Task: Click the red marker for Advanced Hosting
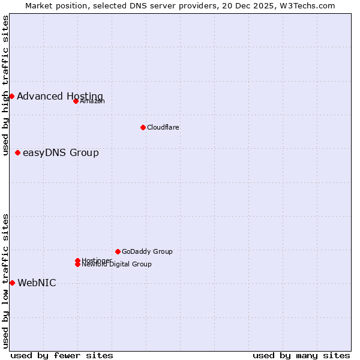tap(11, 96)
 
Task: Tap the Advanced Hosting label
tap(60, 97)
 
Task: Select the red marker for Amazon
tap(76, 101)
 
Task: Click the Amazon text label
tap(92, 101)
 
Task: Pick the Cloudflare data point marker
tap(143, 127)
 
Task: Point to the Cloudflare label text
tap(163, 127)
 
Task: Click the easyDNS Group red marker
tap(17, 152)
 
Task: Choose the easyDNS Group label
tap(61, 153)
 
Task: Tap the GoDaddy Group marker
tap(118, 251)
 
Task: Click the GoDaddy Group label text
tap(147, 251)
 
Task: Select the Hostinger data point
tap(77, 260)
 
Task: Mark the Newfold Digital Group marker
tap(77, 264)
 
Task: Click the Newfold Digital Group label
tap(117, 264)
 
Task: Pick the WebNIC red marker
tap(12, 283)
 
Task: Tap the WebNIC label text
tap(37, 283)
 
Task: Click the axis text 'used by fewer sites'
tap(62, 355)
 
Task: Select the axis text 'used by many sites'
tap(301, 355)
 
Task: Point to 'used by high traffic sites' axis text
tap(5, 85)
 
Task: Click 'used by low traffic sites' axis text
tap(5, 281)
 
